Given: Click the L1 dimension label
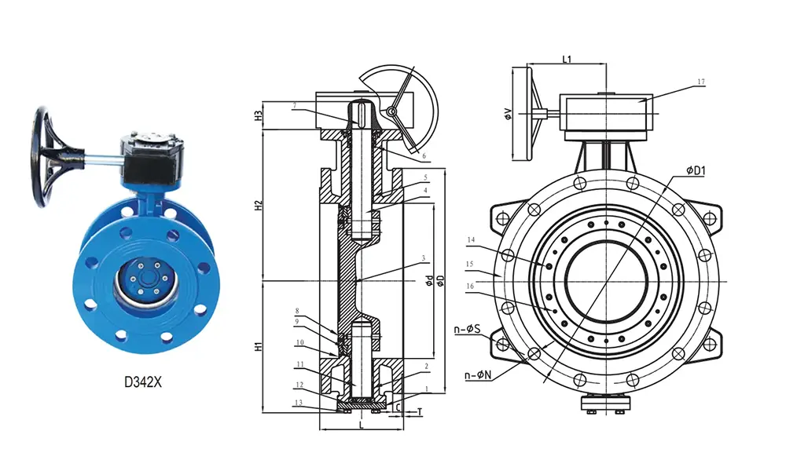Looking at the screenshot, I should [x=567, y=59].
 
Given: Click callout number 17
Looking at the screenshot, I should [x=701, y=82].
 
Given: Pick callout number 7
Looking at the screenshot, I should [x=294, y=105].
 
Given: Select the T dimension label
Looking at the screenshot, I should [x=420, y=410].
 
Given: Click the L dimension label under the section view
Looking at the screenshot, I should [x=361, y=425].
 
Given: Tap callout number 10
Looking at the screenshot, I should [x=299, y=342].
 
